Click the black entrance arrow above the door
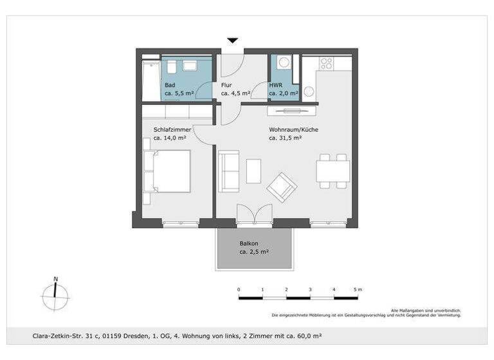click(233, 40)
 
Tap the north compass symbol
click(55, 295)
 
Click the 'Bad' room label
click(170, 85)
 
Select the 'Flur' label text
click(226, 85)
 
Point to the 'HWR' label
click(275, 85)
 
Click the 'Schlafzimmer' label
click(172, 129)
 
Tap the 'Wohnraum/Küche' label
click(293, 129)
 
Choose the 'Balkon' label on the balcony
click(249, 244)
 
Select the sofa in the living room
click(228, 170)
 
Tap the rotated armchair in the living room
click(282, 187)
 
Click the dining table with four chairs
click(333, 170)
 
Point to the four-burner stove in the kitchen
click(326, 64)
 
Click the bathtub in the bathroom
click(151, 80)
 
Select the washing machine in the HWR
click(284, 64)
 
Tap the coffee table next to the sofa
click(254, 170)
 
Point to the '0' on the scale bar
click(239, 290)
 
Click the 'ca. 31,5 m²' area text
click(286, 138)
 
